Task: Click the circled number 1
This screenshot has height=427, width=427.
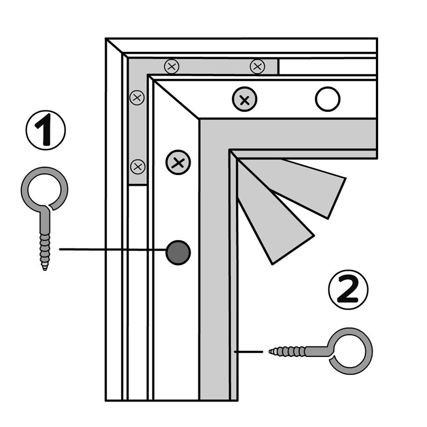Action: pos(46,130)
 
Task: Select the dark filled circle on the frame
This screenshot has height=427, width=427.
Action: pos(178,252)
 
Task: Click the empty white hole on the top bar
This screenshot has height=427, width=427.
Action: pos(327,100)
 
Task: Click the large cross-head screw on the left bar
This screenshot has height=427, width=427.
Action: pos(178,163)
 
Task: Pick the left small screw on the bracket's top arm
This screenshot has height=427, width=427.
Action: pos(172,67)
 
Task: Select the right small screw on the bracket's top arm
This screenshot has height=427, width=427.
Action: pos(257,66)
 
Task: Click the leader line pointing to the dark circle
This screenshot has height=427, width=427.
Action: pos(111,249)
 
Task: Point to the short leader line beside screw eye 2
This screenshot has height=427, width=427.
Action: pos(249,351)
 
